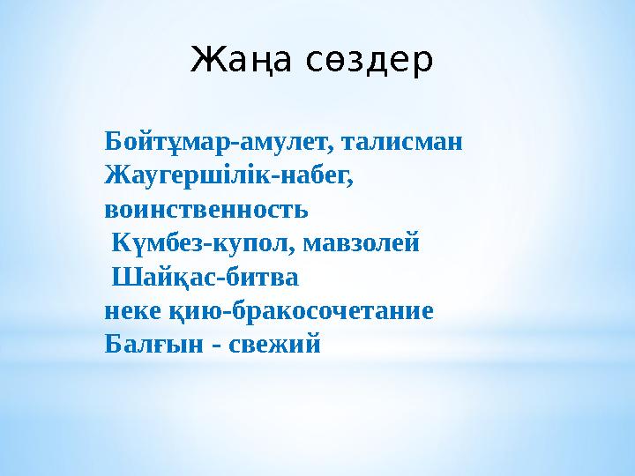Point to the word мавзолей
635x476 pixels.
point(362,243)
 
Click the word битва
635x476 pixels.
point(263,278)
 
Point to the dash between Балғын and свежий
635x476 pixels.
point(213,346)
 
